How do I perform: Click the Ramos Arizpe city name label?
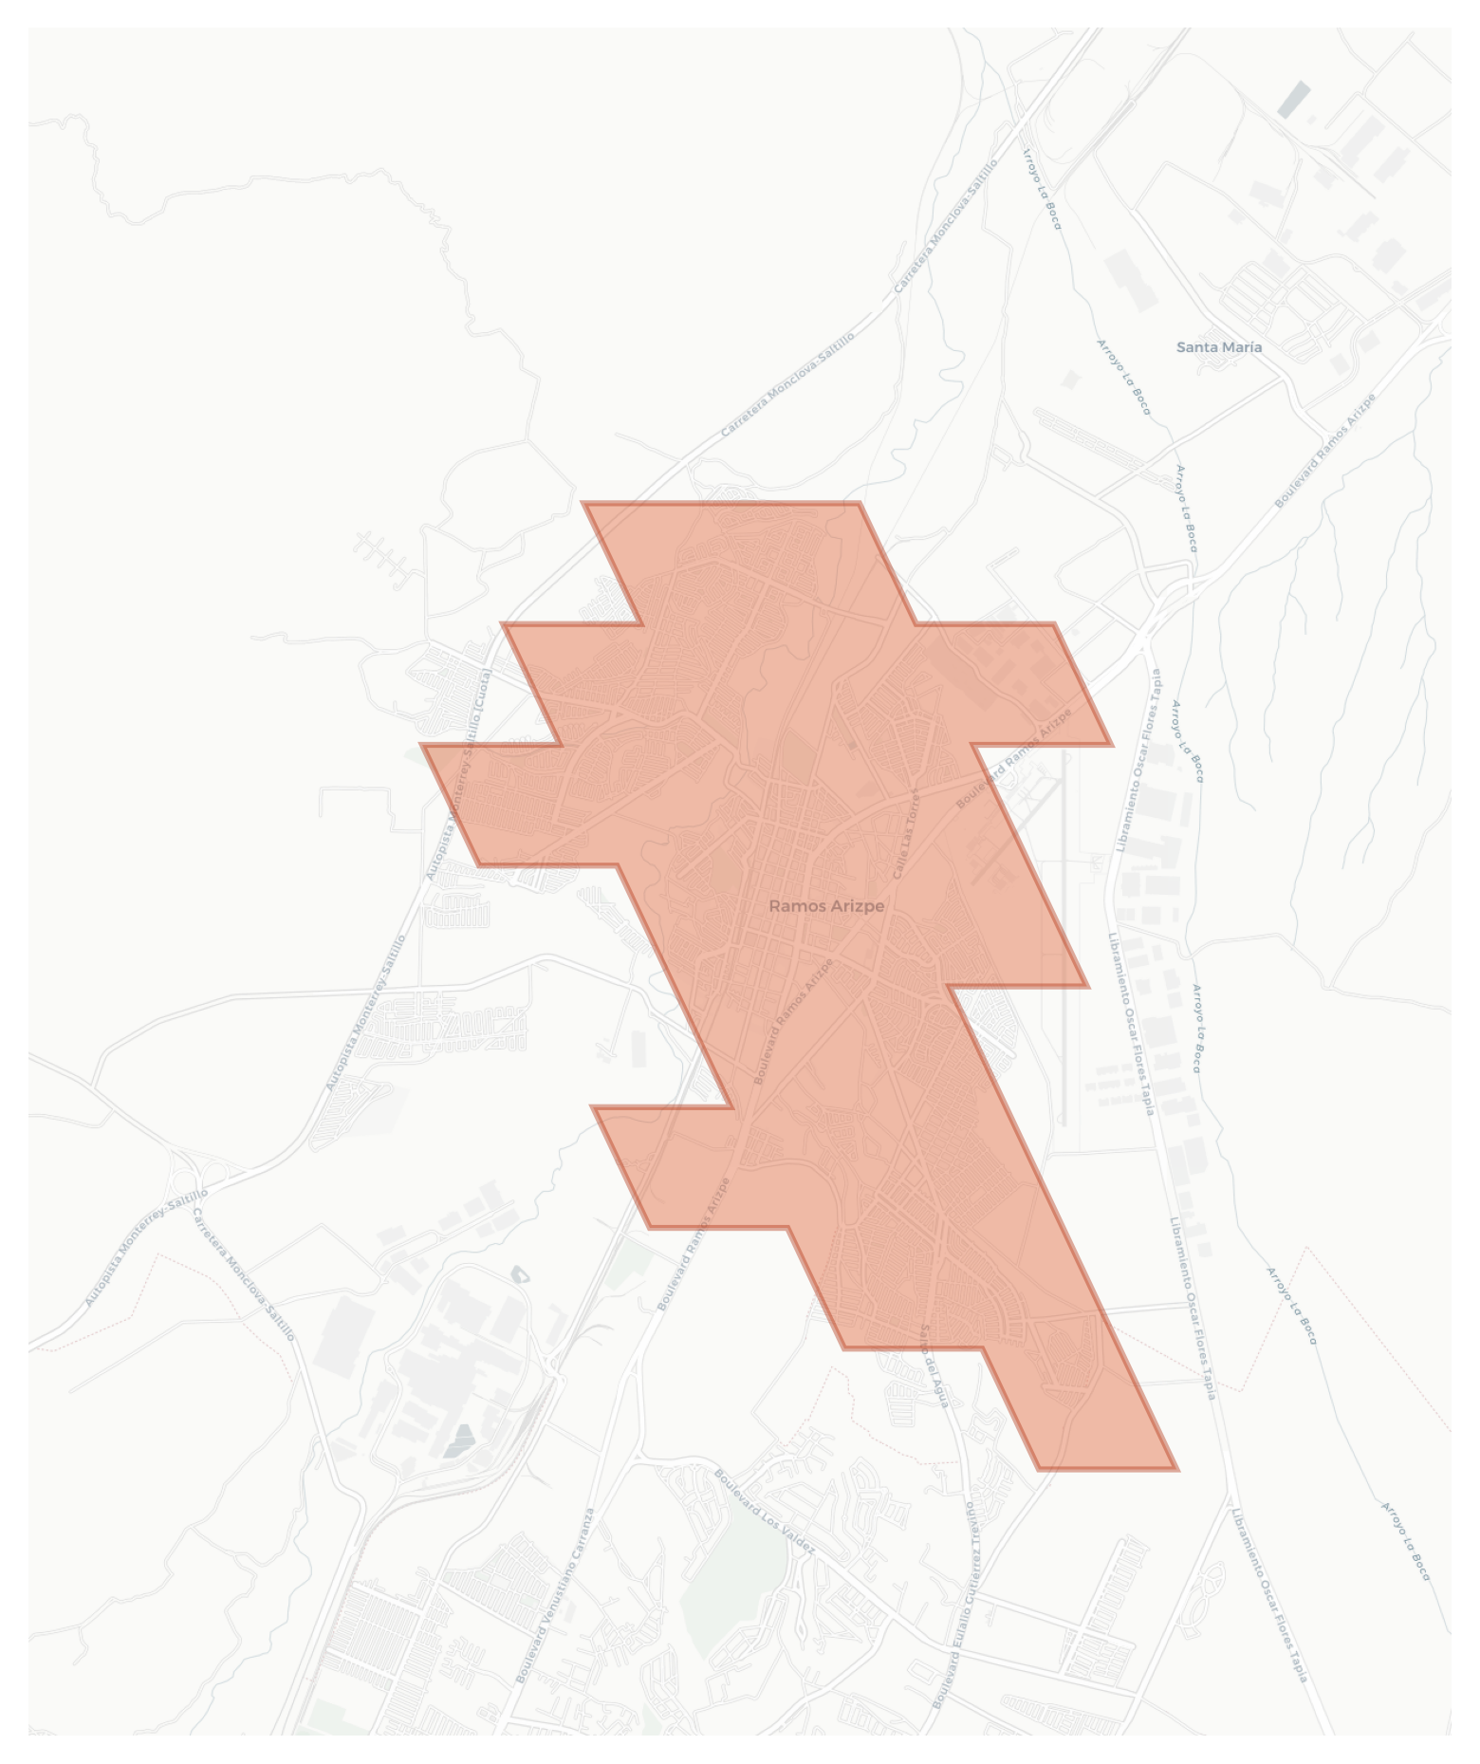825,905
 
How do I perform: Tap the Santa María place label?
1218,347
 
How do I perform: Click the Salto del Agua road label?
933,1365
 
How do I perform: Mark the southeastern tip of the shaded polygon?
1176,1469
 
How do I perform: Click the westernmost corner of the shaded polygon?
422,746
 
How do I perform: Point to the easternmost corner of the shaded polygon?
1111,745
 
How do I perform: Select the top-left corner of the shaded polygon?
583,504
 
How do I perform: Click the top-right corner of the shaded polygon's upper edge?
859,504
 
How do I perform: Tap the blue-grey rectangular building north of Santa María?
1293,100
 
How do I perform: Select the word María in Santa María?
1242,347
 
